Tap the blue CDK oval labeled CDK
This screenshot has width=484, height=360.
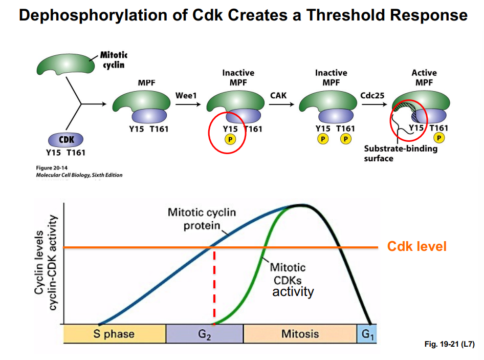click(65, 140)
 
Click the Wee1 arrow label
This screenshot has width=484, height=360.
click(186, 96)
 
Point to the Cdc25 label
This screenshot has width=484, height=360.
click(372, 96)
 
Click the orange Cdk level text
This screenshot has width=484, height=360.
click(416, 247)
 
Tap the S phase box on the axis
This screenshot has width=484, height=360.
click(114, 334)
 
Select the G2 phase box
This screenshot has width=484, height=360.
click(205, 334)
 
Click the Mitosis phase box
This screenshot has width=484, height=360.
click(300, 334)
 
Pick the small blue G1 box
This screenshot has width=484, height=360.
click(366, 334)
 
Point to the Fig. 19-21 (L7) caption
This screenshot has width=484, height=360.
click(449, 345)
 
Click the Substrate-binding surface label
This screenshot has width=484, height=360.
click(401, 154)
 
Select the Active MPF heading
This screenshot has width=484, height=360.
click(424, 77)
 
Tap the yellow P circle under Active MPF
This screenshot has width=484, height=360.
click(438, 138)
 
